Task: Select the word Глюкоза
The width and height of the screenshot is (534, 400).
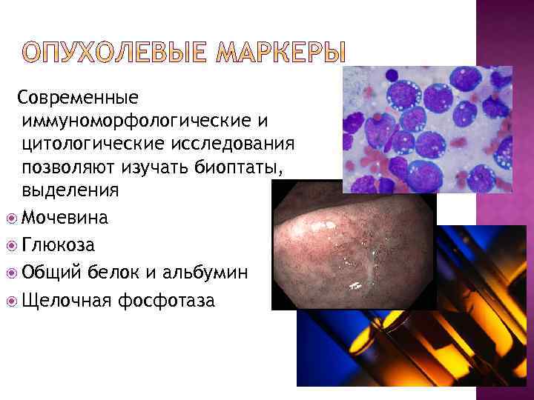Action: pyautogui.click(x=58, y=244)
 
